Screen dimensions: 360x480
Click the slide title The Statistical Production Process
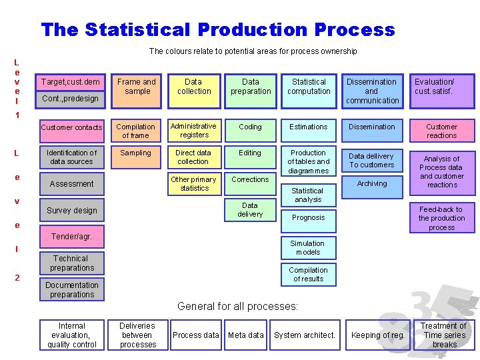[217, 30]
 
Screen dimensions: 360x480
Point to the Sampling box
[135, 153]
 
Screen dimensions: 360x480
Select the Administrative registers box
[194, 131]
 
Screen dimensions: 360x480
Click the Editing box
[250, 153]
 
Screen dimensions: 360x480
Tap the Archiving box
[371, 183]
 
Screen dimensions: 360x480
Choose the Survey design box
[71, 211]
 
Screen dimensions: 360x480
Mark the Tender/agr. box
[71, 237]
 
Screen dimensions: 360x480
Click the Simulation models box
[308, 248]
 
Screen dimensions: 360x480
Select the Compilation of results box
[308, 275]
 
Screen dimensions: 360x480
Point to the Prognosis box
[308, 217]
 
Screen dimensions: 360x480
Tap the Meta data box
[246, 335]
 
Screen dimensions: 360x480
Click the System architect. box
[305, 335]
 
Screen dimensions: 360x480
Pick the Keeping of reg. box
[378, 335]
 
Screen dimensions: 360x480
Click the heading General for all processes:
[237, 307]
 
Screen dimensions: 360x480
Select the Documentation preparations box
[72, 290]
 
